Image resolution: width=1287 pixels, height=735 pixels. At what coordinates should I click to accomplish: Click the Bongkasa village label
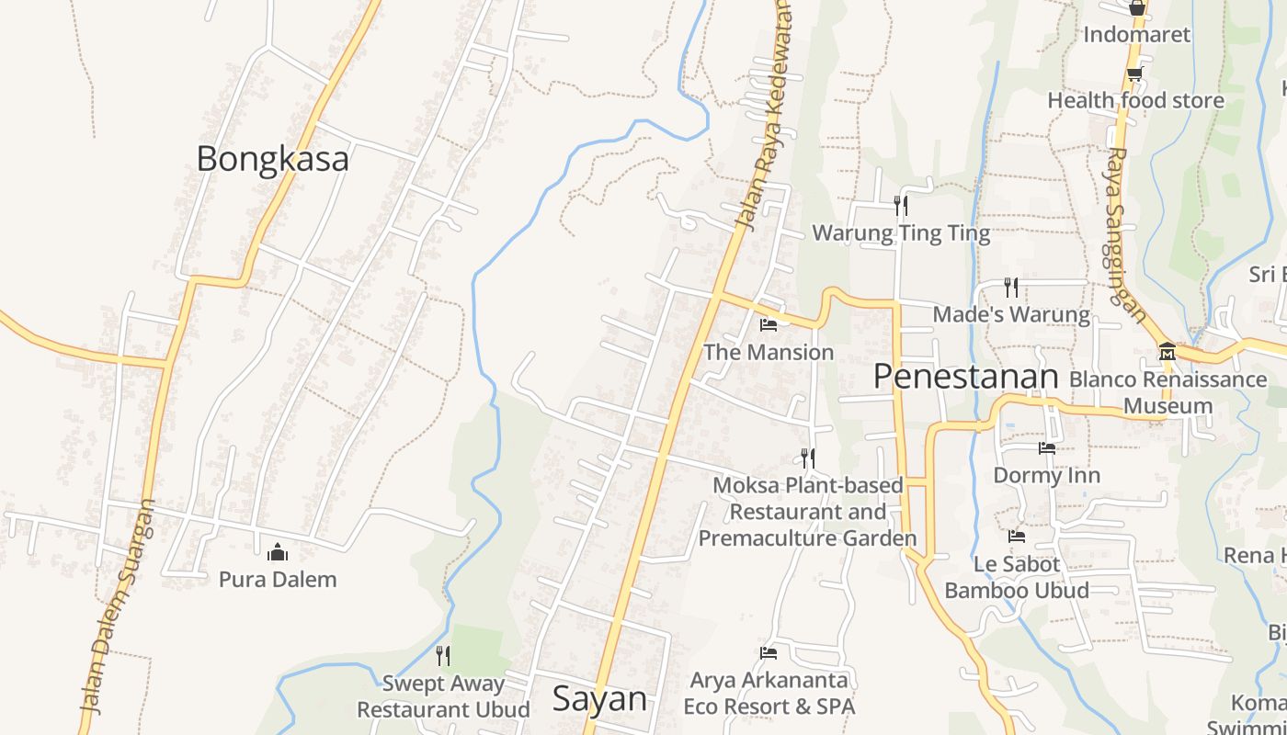point(272,159)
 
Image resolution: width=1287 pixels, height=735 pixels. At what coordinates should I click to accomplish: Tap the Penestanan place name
point(965,377)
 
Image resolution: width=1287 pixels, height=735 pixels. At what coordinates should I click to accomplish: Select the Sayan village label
point(599,699)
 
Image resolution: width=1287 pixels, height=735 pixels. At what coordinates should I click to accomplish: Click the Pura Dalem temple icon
point(277,552)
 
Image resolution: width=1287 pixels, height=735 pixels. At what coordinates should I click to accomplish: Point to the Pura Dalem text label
point(278,580)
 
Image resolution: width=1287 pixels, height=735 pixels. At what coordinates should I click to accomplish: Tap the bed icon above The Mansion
point(769,325)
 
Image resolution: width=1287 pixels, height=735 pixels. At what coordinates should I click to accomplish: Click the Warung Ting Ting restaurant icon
point(901,205)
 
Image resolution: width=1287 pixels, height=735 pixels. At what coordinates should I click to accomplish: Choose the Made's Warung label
point(1011,315)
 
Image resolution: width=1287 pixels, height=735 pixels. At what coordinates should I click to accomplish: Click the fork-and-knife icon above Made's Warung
point(1011,288)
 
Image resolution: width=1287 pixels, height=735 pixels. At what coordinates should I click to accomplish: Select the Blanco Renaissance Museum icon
point(1167,352)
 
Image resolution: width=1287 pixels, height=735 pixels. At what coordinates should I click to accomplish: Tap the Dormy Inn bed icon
point(1047,448)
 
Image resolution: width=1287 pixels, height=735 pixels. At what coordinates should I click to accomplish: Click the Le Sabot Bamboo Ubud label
point(1017,577)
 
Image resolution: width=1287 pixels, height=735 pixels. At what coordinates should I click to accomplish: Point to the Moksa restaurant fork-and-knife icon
point(808,458)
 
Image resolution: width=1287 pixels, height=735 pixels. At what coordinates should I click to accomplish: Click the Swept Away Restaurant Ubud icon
point(443,655)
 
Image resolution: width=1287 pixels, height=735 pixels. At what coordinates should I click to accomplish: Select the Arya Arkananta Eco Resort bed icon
point(769,653)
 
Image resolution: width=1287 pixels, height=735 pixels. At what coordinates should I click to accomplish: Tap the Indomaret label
point(1136,35)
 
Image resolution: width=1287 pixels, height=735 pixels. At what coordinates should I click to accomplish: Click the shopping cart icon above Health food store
point(1135,73)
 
